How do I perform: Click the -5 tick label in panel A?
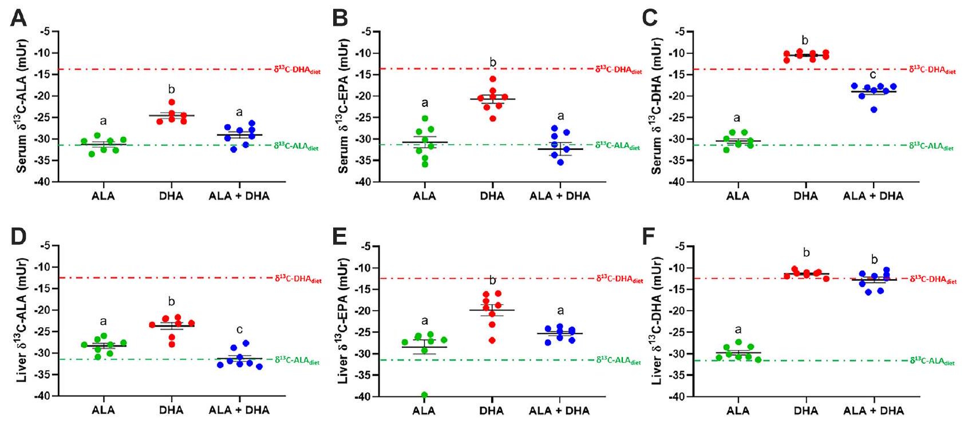point(48,31)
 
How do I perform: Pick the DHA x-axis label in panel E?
point(492,410)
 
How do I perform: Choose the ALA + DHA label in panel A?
point(239,196)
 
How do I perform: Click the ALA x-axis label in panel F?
point(738,410)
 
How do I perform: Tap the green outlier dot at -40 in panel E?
point(424,395)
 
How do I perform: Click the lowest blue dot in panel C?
point(874,109)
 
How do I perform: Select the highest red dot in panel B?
point(492,79)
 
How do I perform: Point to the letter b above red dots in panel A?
point(171,90)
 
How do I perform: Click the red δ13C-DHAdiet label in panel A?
point(297,69)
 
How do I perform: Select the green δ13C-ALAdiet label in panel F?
point(932,361)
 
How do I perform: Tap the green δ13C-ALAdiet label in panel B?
point(618,145)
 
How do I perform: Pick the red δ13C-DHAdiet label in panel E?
point(619,279)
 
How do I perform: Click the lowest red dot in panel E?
point(492,340)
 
